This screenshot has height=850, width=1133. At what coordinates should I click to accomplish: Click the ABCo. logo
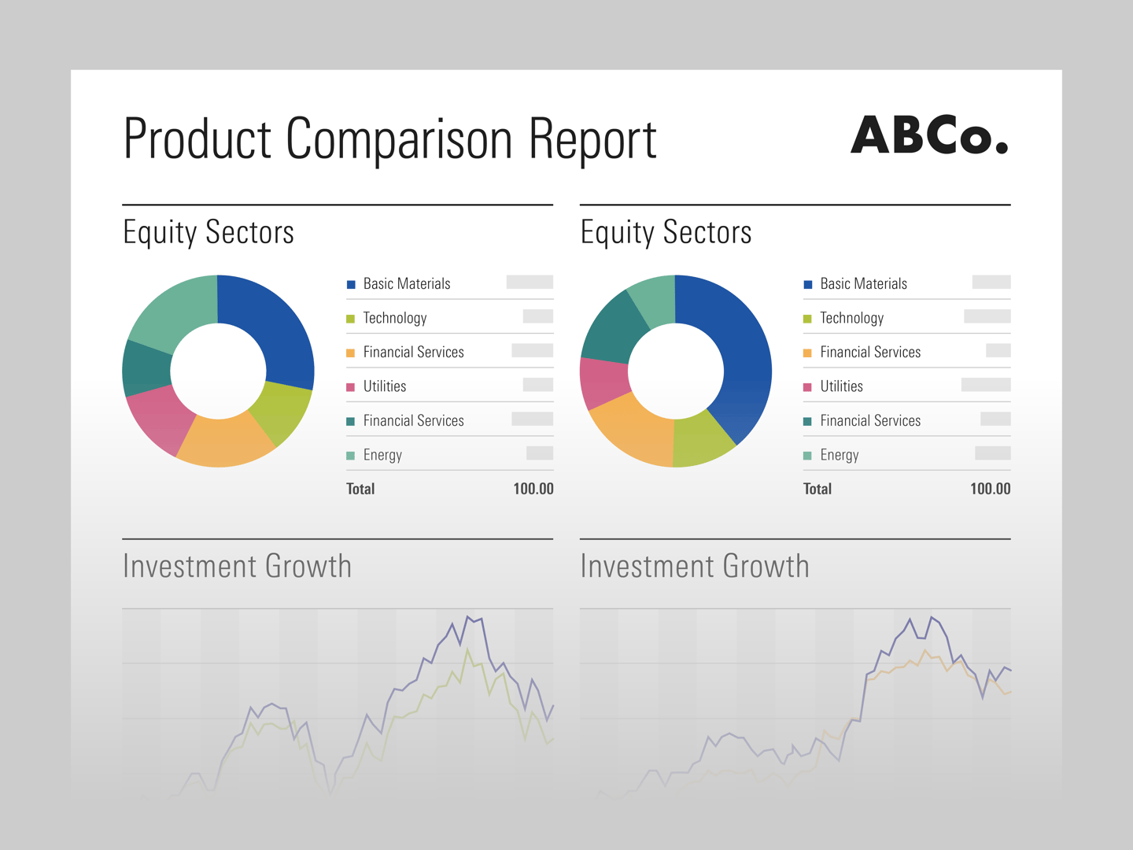pyautogui.click(x=928, y=136)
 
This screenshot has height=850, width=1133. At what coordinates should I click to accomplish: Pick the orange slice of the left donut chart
pyautogui.click(x=224, y=441)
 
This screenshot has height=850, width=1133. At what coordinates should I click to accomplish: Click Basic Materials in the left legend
pyautogui.click(x=407, y=284)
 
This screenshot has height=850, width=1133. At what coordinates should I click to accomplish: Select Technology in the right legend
pyautogui.click(x=851, y=318)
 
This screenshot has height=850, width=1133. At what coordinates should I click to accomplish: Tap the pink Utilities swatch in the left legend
pyautogui.click(x=351, y=387)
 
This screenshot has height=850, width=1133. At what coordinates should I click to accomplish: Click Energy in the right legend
pyautogui.click(x=839, y=455)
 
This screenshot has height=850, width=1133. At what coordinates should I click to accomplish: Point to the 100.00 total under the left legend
pyautogui.click(x=533, y=489)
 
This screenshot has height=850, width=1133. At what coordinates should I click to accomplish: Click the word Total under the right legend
pyautogui.click(x=817, y=489)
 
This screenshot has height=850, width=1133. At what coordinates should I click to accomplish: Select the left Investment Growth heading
pyautogui.click(x=237, y=567)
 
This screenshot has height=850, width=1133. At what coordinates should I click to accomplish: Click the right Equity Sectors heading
pyautogui.click(x=666, y=233)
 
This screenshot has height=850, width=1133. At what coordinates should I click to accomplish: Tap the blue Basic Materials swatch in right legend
pyautogui.click(x=807, y=284)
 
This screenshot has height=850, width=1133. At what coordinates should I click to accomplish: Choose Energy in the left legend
pyautogui.click(x=382, y=455)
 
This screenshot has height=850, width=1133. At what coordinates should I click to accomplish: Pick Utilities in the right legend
pyautogui.click(x=841, y=386)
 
